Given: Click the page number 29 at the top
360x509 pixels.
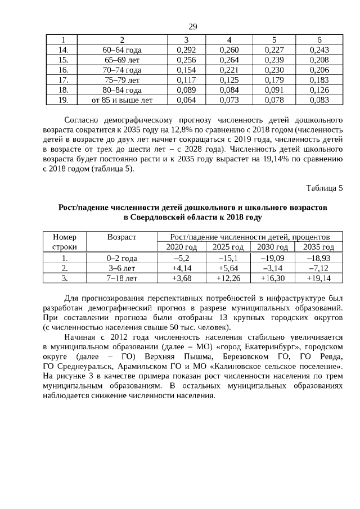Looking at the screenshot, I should click(192, 27).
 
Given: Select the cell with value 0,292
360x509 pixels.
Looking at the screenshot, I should click(186, 50).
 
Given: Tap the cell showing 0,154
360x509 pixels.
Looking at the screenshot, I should click(186, 70).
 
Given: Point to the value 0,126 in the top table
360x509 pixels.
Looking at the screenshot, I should click(319, 91).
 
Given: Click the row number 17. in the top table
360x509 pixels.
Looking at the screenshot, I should click(64, 80).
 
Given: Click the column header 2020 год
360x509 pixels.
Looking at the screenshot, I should click(181, 247).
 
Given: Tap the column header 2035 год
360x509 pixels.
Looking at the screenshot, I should click(319, 247).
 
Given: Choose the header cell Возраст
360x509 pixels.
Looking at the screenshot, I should click(122, 237).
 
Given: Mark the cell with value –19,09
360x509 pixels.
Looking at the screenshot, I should click(273, 258).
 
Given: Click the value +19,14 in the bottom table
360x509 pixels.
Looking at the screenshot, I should click(319, 278).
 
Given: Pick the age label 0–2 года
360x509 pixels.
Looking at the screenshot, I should click(122, 258).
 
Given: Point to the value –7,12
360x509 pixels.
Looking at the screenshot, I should click(319, 268).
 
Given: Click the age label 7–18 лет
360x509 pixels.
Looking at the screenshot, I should click(122, 278).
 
